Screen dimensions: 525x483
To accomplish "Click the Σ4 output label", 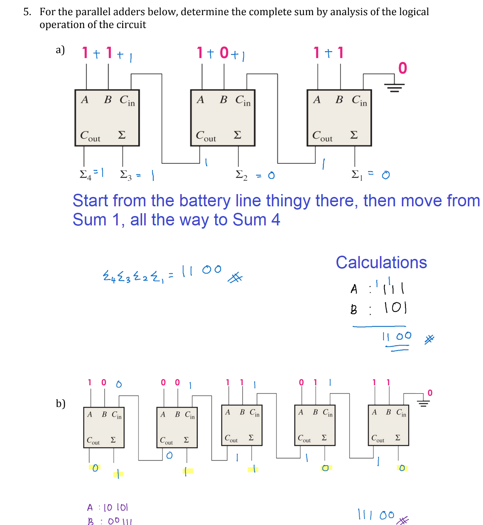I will point(85,175).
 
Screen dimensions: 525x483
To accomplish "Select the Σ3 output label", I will point(126,175).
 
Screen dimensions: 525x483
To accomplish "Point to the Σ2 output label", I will point(241,175).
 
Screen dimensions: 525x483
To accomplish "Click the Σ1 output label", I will point(357,175).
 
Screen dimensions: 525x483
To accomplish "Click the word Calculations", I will point(381,262).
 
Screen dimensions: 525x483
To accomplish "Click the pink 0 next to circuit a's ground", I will point(403,68).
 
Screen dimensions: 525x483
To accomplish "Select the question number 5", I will point(27,12).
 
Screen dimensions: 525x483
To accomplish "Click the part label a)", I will point(60,50).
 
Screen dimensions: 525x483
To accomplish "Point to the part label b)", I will point(61,403).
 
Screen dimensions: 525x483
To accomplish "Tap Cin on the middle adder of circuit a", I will point(243,100).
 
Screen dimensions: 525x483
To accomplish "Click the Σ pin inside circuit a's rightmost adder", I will point(354,135).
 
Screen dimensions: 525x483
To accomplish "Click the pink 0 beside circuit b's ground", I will point(430,393).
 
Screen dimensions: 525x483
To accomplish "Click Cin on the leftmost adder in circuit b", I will point(117,415).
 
